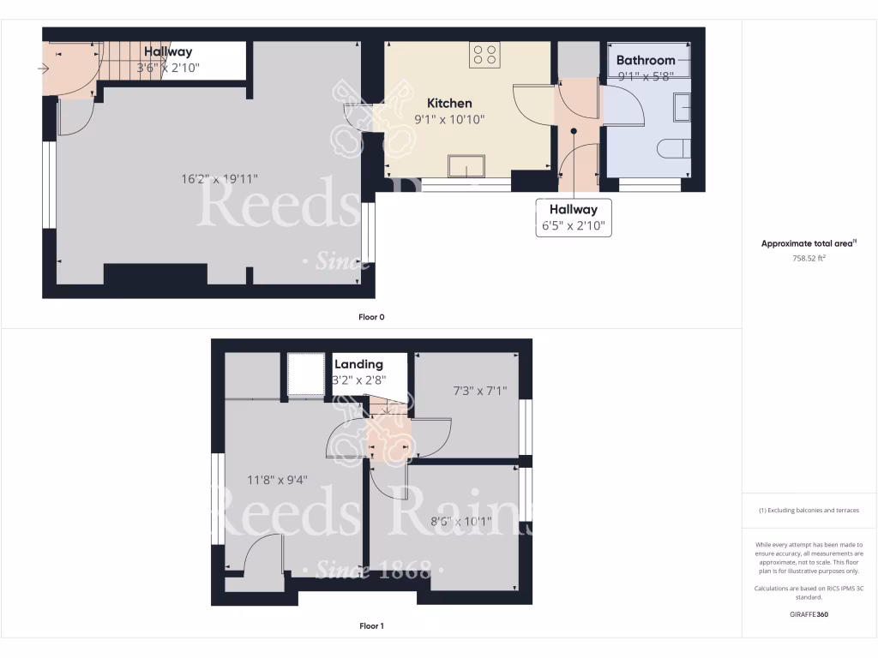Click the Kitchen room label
449,103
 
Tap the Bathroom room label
645,60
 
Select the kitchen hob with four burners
484,55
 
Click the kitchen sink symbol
466,165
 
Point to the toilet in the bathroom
675,149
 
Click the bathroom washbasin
682,108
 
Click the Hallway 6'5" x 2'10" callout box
574,218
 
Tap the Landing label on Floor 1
358,364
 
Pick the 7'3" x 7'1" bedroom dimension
479,391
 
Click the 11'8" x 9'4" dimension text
279,480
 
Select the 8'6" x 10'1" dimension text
460,521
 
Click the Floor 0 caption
371,317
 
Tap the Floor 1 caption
371,626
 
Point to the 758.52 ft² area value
809,257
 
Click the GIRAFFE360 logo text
809,614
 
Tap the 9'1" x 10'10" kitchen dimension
449,119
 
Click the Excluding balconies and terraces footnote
809,511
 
